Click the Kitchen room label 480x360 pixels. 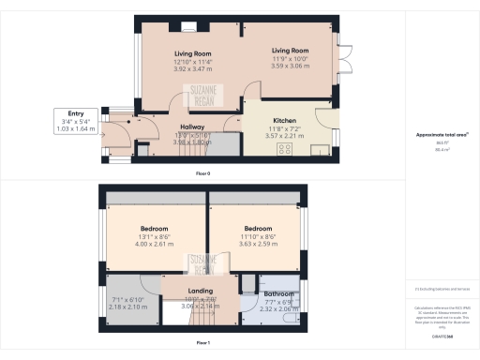[x=285, y=121]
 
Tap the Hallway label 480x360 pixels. [x=191, y=127]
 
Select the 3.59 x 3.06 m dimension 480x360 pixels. [x=290, y=67]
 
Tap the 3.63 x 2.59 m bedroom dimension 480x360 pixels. [x=257, y=244]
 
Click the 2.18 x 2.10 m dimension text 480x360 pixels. [x=128, y=307]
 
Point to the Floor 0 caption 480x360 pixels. [x=202, y=174]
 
